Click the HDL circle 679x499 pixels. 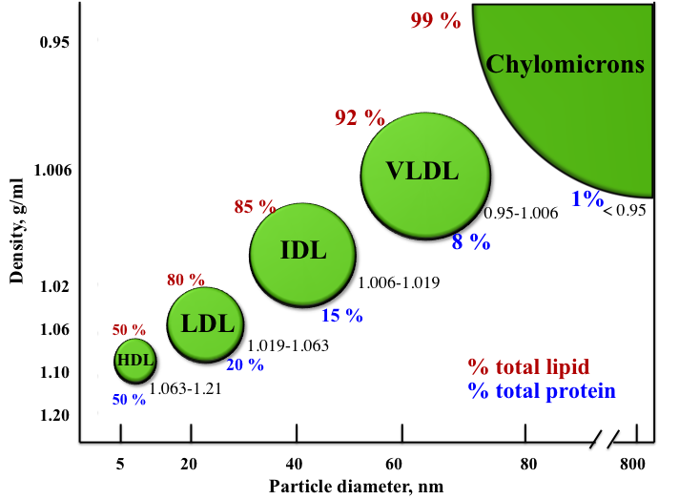[x=134, y=360]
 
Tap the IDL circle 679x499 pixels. [x=302, y=252]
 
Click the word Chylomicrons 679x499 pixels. [x=566, y=65]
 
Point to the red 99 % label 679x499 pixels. [x=436, y=20]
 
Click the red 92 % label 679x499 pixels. [x=360, y=118]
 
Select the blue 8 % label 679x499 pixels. [x=471, y=242]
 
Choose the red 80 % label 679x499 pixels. [x=185, y=280]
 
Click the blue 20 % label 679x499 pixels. [x=245, y=364]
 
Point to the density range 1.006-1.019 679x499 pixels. [x=399, y=283]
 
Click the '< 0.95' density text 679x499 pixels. [x=625, y=210]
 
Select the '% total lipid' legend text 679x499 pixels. [x=527, y=367]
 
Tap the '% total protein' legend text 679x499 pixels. [x=541, y=391]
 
